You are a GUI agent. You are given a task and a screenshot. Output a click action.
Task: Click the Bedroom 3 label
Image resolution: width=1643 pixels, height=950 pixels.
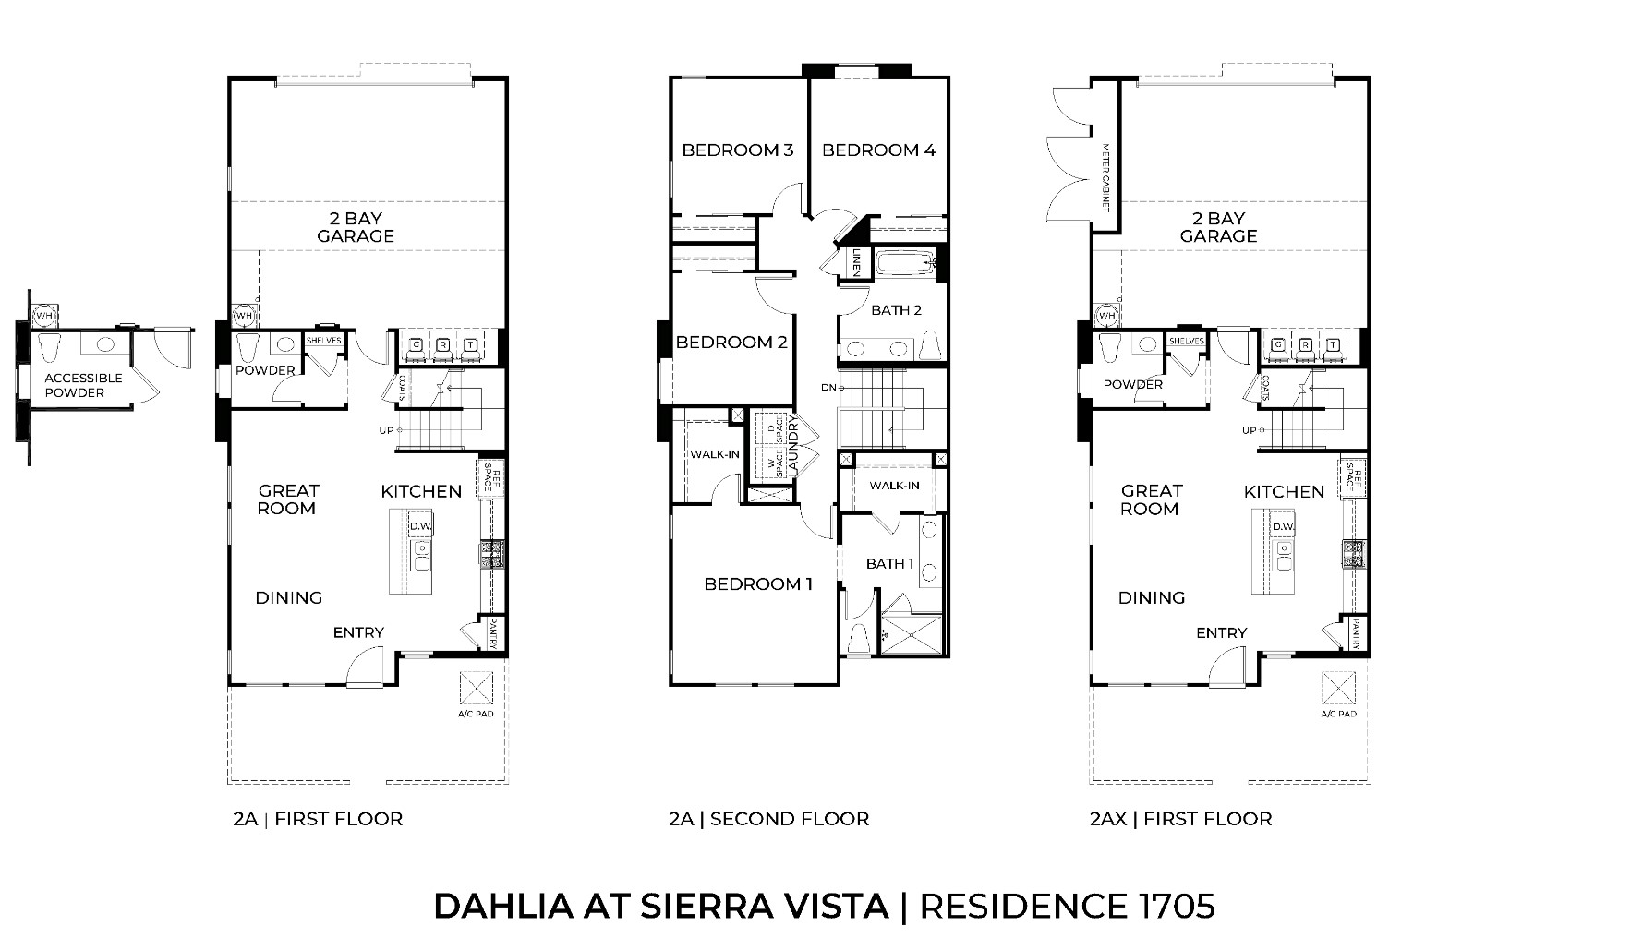coord(737,150)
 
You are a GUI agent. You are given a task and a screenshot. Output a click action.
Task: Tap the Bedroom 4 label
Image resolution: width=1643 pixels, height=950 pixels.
coord(878,150)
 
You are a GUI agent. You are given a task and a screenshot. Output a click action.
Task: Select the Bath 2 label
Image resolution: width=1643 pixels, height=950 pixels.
coord(896,310)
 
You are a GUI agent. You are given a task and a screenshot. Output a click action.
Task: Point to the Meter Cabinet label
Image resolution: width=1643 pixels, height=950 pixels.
coord(1105,177)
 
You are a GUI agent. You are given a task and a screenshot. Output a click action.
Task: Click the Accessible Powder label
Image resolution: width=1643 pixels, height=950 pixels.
coord(83,385)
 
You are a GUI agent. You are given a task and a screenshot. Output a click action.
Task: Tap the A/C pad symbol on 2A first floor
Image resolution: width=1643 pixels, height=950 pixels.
coord(478,688)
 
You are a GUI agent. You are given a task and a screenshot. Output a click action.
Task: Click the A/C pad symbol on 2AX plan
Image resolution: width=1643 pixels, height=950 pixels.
coord(1338,688)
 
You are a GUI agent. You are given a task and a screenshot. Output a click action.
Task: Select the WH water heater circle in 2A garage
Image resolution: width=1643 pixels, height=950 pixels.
coord(244,316)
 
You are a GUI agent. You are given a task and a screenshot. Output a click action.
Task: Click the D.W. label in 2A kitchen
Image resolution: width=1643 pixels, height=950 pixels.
coord(421,527)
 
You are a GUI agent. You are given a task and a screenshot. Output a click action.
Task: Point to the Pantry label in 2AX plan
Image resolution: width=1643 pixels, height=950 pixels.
coord(1355,634)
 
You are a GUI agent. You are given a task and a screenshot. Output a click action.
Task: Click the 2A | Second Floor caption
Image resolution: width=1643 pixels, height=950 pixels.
coord(768,819)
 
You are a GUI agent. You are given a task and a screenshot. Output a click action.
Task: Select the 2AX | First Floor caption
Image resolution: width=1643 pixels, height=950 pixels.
coord(1180,819)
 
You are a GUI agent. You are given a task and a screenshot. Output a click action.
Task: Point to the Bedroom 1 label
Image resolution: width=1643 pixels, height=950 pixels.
coord(757,583)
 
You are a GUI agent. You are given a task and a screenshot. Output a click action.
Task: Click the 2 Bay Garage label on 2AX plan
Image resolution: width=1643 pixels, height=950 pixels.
coord(1218,227)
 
